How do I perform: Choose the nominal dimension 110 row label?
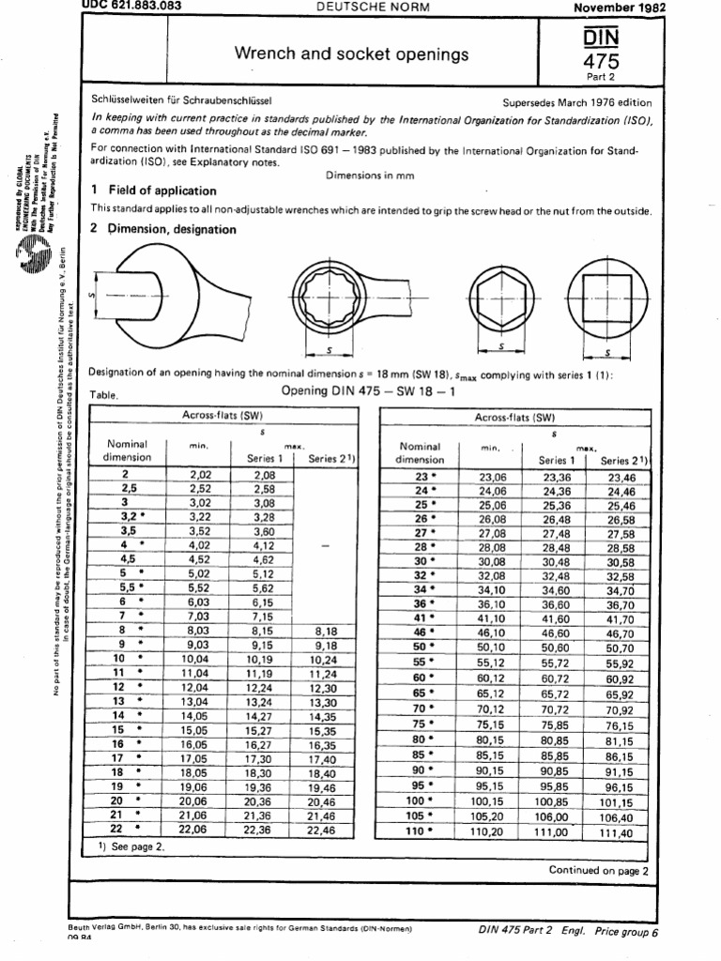[x=414, y=831]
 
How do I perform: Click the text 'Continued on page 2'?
[x=598, y=870]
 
